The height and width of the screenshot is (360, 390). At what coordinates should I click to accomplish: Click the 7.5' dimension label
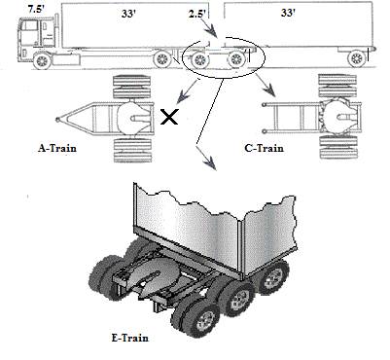point(36,9)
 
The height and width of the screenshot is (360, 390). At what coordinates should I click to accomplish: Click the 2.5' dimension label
point(196,15)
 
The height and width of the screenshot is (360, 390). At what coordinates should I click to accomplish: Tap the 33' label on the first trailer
point(128,14)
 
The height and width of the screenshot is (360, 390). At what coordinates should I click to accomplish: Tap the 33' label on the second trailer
point(288,13)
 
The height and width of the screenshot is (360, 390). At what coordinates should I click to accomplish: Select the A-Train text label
point(57,148)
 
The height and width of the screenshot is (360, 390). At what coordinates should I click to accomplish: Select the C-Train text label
point(264,148)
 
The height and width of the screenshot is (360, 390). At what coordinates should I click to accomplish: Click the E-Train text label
point(130,338)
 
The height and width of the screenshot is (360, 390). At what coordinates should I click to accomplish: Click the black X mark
point(169,117)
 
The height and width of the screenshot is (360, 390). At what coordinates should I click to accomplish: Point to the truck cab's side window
point(30,26)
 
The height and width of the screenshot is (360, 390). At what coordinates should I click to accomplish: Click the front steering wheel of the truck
point(42,61)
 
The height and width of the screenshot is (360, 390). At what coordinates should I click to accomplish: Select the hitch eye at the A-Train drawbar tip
point(57,120)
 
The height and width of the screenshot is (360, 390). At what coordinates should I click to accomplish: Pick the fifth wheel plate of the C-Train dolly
point(337,117)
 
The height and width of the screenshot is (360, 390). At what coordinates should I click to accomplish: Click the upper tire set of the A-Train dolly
point(132,87)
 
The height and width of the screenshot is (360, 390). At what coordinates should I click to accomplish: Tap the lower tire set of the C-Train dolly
point(338,147)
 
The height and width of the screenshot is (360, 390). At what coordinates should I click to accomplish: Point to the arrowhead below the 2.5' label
point(212,32)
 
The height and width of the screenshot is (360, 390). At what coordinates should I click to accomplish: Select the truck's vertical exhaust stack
point(56,31)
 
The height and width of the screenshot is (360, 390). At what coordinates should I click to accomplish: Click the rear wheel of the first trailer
point(161,59)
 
